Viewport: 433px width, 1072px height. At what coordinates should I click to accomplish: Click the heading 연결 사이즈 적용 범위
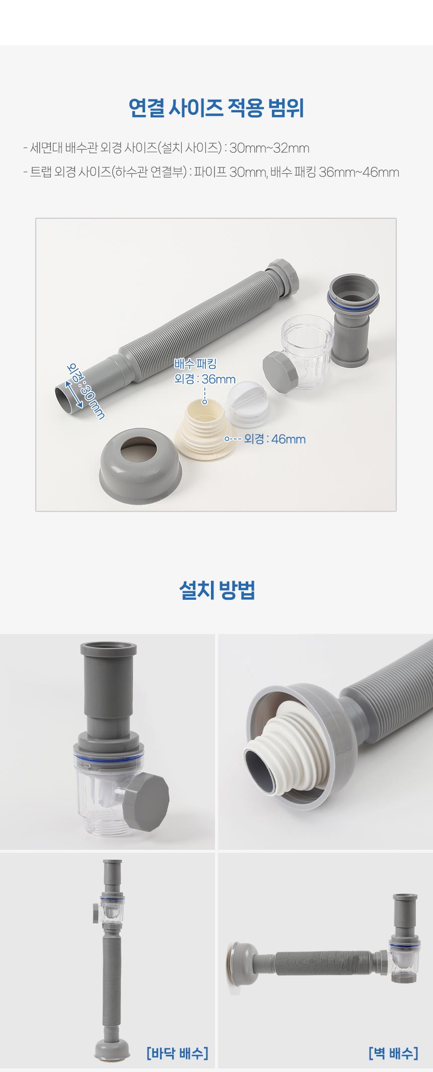216,108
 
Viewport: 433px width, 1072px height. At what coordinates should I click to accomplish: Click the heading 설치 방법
217,590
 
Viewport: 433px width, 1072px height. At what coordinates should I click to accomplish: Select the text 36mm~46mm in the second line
359,173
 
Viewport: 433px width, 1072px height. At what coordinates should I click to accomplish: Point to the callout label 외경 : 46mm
275,439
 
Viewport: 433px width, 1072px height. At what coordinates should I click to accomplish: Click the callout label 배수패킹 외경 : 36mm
204,371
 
